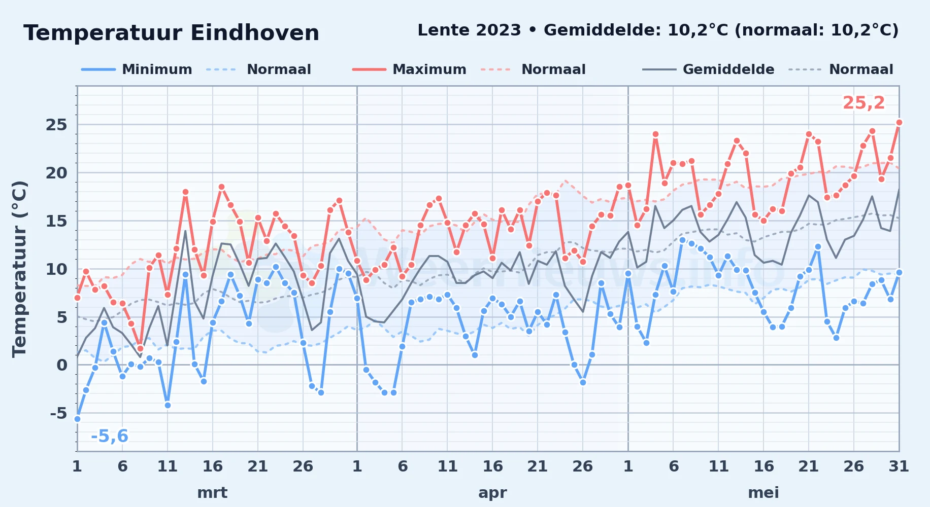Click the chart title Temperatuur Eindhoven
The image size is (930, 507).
click(171, 33)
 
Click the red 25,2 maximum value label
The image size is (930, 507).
click(863, 103)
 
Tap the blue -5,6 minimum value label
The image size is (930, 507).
click(110, 436)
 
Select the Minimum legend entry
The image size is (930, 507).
click(137, 69)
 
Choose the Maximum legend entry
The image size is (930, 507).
click(409, 69)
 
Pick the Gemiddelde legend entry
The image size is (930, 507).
click(708, 69)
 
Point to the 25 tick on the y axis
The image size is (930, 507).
click(56, 125)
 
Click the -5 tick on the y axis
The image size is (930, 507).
click(58, 413)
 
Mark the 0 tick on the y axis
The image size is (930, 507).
click(62, 365)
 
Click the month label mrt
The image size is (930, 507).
click(212, 493)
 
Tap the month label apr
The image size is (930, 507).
click(492, 493)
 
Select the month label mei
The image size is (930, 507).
click(763, 493)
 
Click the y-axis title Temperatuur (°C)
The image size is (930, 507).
click(19, 269)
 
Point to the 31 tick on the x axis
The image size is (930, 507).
click(899, 466)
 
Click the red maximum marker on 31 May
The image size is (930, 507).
click(899, 122)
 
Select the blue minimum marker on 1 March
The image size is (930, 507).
click(77, 419)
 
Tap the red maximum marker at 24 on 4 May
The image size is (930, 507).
click(655, 134)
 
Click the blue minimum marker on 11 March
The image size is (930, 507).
click(168, 405)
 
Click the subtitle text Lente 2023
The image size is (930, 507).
click(469, 30)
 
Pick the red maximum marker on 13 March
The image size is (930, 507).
click(185, 192)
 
